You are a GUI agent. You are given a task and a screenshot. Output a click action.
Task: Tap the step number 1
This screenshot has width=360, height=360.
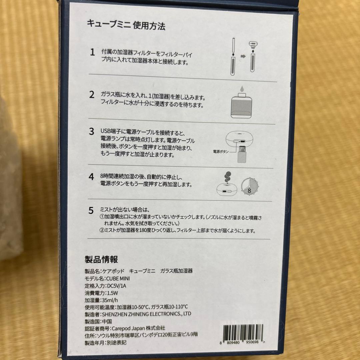(x=92, y=52)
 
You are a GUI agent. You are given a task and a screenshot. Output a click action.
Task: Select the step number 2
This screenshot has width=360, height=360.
(x=92, y=94)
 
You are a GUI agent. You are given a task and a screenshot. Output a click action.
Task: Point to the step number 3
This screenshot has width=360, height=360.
(x=92, y=131)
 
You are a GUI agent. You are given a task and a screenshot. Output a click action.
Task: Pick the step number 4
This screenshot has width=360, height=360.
(x=91, y=176)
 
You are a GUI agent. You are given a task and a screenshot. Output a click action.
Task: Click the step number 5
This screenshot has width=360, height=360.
(x=91, y=210)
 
